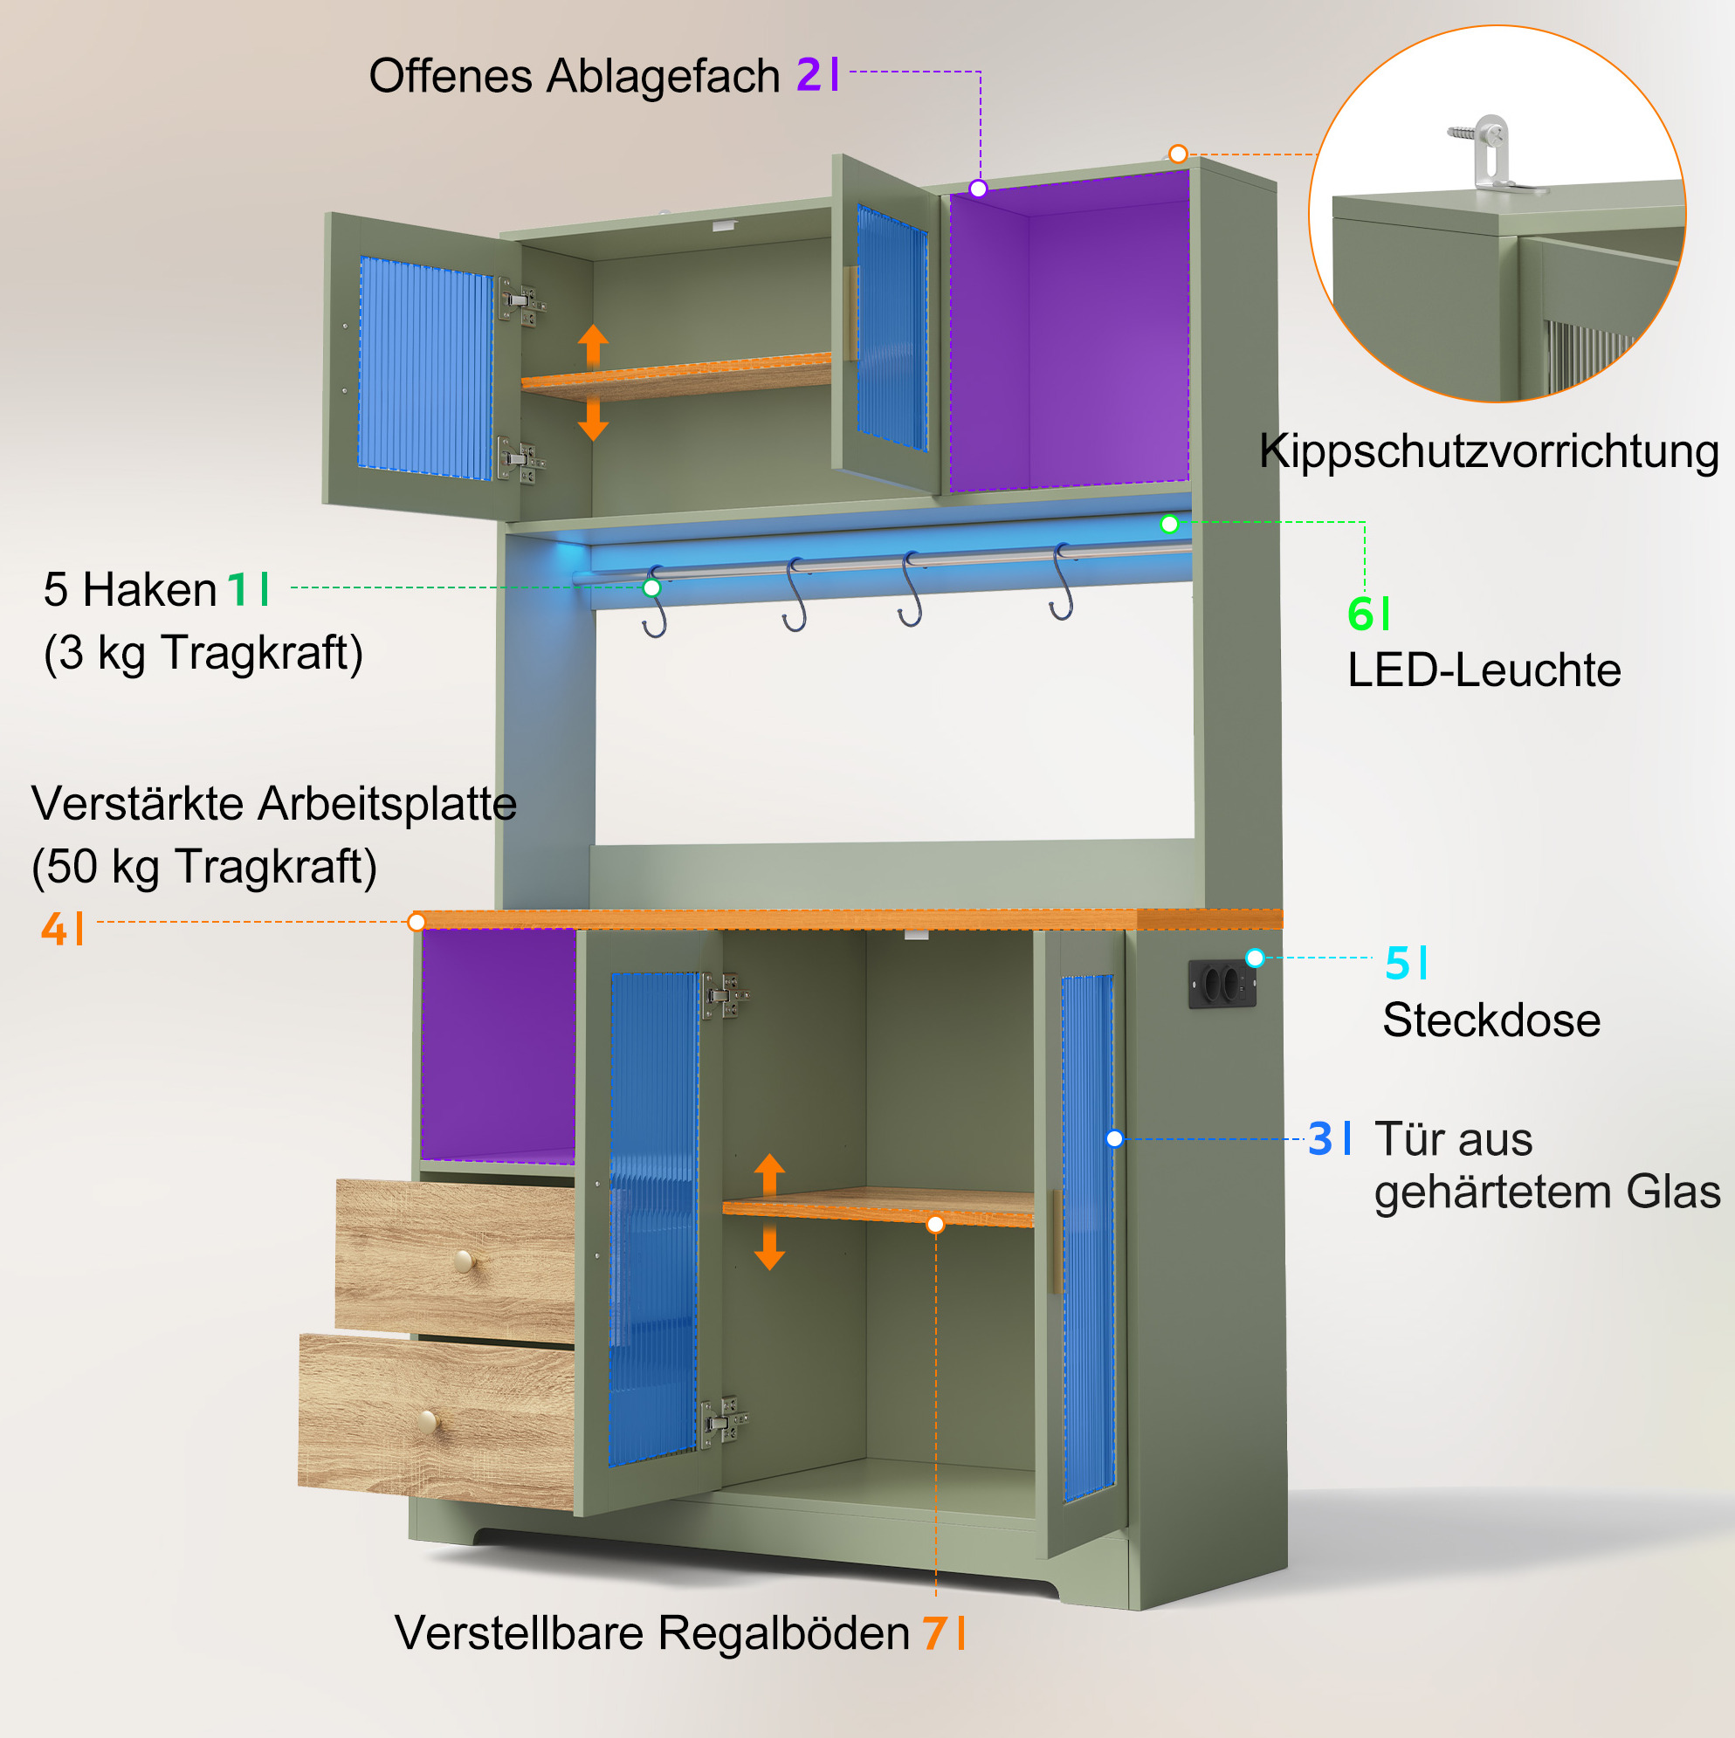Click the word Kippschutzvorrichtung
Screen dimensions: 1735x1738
(1489, 450)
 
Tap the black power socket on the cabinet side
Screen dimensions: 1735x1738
(1222, 984)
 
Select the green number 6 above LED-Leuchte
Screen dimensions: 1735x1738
(1360, 615)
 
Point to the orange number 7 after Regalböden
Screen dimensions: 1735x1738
(934, 1632)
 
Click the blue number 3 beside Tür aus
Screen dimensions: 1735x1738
(1320, 1138)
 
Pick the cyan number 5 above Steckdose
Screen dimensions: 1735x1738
(1398, 963)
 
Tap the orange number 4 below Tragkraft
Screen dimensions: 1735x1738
(53, 927)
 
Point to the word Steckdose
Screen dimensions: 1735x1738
(1491, 1020)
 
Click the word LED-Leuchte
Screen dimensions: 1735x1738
(1484, 670)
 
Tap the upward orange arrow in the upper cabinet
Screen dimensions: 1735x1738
(593, 347)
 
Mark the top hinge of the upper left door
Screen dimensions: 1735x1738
(521, 302)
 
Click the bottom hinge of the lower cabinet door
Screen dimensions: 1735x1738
(724, 1422)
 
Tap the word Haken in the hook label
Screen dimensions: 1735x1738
(149, 590)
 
